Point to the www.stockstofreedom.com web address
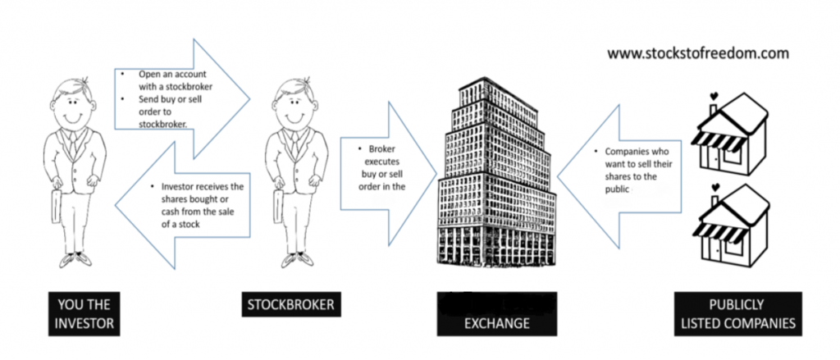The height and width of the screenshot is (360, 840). pyautogui.click(x=698, y=53)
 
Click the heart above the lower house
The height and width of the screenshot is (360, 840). pyautogui.click(x=714, y=196)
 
